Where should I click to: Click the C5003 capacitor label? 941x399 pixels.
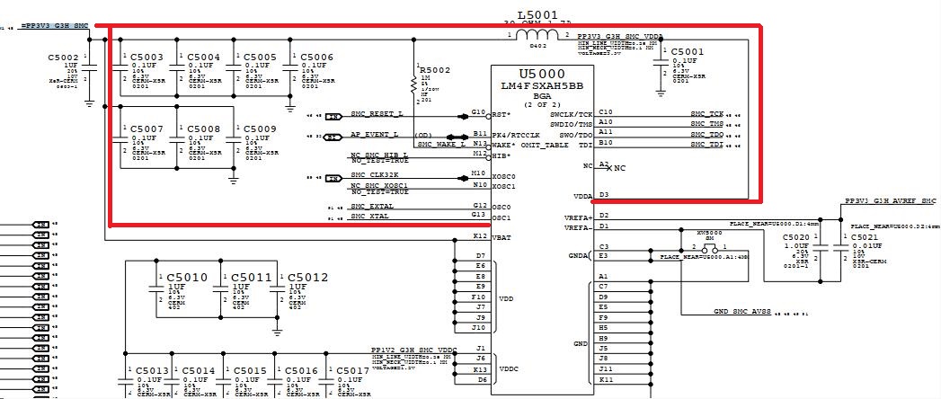tap(146, 57)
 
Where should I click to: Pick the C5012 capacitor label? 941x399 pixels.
tap(307, 277)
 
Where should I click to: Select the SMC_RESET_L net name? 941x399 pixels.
tap(377, 114)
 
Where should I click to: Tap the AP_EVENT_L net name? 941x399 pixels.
tap(375, 135)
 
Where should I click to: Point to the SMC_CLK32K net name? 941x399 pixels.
tap(375, 175)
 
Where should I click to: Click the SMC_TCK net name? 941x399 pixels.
tap(706, 114)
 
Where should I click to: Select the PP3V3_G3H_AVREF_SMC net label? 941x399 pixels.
tap(890, 202)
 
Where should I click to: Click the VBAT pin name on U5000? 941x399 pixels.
tap(503, 236)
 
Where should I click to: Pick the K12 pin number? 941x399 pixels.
tap(480, 235)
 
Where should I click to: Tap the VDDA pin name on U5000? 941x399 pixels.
tap(583, 195)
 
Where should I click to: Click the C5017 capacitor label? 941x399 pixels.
tap(351, 370)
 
